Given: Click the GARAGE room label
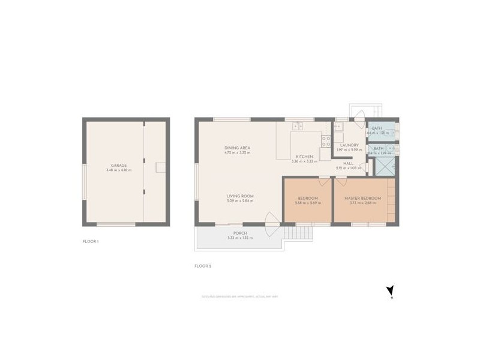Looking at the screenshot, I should pos(118,165).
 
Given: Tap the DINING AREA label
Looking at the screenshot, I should pos(233,148).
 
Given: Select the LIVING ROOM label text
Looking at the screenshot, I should pos(240,196).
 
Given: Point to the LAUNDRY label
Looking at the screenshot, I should pos(349,145).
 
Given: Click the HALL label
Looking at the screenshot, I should pos(349,163).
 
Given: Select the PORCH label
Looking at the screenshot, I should pos(240,233).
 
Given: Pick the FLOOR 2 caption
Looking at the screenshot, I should pos(203,265).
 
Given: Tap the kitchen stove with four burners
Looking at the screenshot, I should pos(326,141).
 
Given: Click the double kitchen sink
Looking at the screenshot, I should pos(297,126).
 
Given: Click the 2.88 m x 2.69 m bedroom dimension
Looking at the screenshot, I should pos(306,203).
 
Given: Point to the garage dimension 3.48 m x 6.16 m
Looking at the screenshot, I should pos(118,170).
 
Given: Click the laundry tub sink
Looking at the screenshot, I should pos(338,127).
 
